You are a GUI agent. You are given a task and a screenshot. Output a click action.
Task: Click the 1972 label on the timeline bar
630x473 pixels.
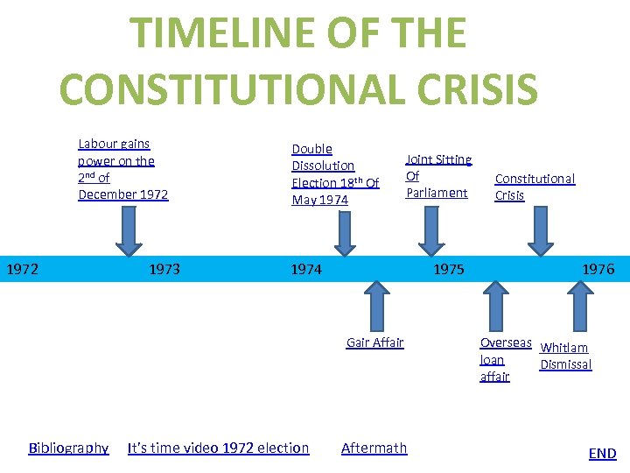coord(22,269)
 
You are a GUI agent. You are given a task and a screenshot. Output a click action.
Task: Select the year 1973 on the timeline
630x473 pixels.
coord(164,269)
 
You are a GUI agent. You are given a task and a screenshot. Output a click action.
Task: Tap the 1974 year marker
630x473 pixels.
coord(306,269)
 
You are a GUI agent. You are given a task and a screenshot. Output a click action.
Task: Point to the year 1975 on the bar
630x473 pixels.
coord(449,269)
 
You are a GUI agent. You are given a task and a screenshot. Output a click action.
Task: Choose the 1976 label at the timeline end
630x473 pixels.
coord(598,269)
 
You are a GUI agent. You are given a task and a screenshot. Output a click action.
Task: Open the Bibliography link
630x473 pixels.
coord(68,448)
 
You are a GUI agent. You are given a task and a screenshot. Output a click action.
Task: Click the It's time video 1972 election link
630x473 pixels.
coord(218,448)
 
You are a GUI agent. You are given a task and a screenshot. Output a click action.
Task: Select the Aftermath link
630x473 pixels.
coord(374,448)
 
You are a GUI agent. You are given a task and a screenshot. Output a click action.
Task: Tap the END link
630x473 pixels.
coord(602,453)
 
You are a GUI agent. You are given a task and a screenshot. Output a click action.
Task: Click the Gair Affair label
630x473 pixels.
coord(374,342)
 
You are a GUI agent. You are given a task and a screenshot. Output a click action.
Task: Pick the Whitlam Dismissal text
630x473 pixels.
coord(565,356)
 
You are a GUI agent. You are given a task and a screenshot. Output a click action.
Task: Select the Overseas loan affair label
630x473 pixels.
coord(505,359)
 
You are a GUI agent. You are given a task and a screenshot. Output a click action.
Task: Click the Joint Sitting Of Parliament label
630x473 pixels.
coord(437,175)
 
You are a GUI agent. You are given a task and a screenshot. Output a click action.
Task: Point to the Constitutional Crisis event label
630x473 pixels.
coord(535,187)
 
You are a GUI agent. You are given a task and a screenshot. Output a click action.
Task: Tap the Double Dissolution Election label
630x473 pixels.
coord(334,174)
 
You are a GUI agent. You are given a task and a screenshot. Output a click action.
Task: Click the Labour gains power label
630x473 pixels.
coord(122,168)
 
